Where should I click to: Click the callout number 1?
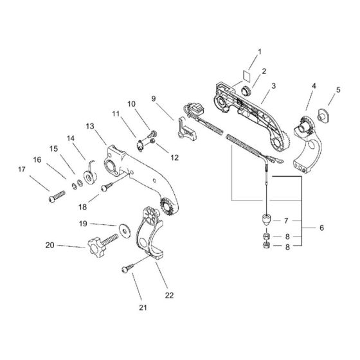(x=260, y=51)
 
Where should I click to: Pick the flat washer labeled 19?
(x=122, y=226)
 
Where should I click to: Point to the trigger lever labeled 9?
(x=187, y=128)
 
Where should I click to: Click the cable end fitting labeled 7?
(x=265, y=220)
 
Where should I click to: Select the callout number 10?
(x=131, y=104)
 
